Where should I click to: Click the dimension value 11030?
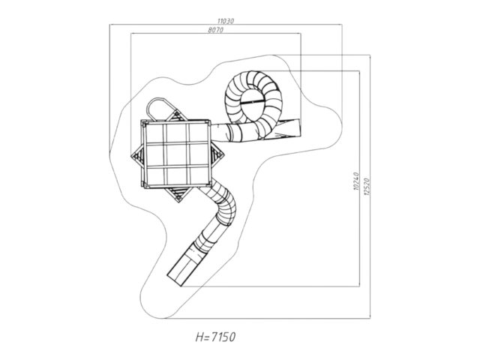(x=226, y=21)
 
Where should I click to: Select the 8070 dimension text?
(x=215, y=30)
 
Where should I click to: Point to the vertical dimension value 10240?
(x=356, y=181)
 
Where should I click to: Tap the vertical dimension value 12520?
(x=367, y=187)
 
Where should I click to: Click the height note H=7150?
(x=215, y=337)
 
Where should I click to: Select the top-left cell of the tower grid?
(x=156, y=133)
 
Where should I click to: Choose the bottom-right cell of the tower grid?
(x=198, y=176)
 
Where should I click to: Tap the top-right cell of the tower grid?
(x=198, y=133)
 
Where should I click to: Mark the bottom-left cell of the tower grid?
(x=156, y=176)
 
